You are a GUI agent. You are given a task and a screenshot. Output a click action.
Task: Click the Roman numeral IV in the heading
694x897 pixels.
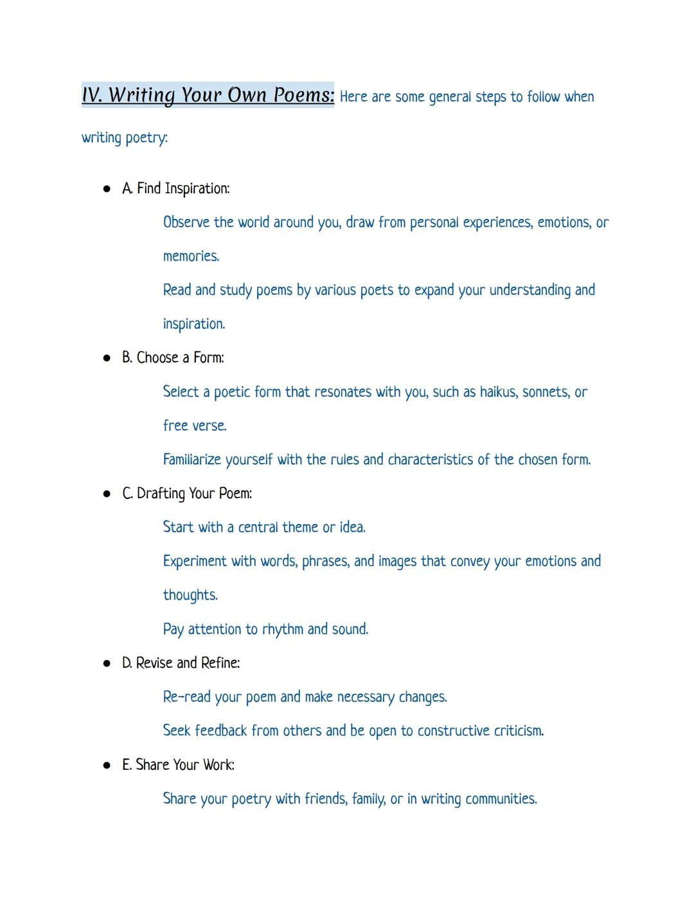click(x=91, y=95)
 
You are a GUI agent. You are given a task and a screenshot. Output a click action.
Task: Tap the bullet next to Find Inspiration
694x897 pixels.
click(x=107, y=189)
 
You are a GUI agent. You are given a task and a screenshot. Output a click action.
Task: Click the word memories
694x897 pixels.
click(x=191, y=256)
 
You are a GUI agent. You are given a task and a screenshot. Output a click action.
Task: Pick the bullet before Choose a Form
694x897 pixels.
click(x=107, y=358)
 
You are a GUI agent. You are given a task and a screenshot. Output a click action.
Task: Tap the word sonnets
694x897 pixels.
click(x=546, y=392)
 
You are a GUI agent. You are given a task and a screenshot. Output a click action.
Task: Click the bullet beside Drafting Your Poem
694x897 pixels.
click(x=107, y=494)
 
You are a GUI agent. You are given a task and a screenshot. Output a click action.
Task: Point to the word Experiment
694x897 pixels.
click(x=195, y=561)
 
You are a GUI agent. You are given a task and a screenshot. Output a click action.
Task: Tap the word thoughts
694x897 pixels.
click(x=190, y=595)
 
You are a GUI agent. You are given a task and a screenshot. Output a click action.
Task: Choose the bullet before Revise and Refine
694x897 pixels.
click(x=107, y=664)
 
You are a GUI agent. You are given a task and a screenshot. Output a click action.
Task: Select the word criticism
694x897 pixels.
click(x=517, y=731)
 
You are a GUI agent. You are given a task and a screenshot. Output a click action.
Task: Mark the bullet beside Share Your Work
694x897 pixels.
click(x=107, y=766)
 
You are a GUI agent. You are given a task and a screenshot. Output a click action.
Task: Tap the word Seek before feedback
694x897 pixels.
click(x=177, y=731)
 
